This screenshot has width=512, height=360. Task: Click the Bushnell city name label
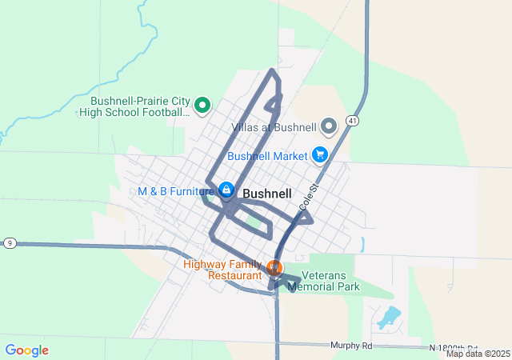tap(266, 194)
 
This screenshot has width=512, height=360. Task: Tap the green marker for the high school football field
tap(202, 104)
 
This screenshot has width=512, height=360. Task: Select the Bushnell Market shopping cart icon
tap(320, 154)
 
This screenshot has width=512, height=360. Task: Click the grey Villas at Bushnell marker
tap(329, 126)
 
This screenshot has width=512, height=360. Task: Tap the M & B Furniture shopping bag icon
tap(226, 190)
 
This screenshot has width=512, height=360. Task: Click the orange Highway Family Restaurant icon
tap(274, 268)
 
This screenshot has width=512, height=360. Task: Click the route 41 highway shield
tap(352, 120)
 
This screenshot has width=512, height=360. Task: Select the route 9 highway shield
tap(10, 242)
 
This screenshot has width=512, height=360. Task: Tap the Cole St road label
tap(308, 195)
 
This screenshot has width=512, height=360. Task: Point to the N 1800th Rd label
tap(458, 347)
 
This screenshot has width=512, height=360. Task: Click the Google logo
tap(26, 350)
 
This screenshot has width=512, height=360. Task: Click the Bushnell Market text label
tap(268, 155)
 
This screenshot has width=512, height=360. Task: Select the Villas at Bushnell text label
tap(274, 127)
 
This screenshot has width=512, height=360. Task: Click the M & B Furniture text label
tap(176, 191)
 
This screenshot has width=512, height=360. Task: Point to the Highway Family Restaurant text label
tap(223, 270)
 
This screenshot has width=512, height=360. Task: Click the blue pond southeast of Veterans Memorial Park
tap(388, 318)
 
